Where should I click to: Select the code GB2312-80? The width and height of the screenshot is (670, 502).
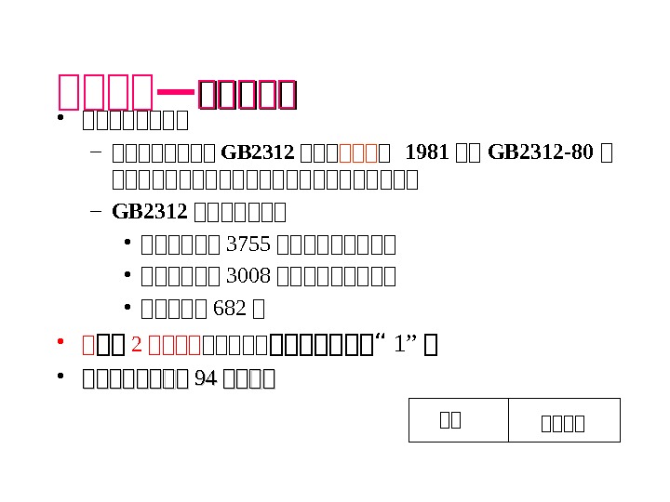click(541, 152)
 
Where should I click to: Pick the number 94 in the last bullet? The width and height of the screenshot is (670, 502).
click(204, 378)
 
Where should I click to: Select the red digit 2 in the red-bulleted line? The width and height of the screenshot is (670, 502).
click(136, 346)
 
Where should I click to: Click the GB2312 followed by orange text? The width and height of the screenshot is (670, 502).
click(246, 152)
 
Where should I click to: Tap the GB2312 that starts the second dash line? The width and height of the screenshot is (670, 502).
click(151, 211)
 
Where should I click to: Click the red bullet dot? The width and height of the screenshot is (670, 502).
click(60, 345)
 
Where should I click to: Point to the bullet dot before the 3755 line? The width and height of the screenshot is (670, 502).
click(126, 244)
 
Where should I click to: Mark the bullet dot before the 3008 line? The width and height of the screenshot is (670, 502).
click(126, 276)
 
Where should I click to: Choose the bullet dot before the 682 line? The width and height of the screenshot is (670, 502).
click(126, 308)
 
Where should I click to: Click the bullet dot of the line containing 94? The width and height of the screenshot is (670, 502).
click(60, 377)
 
